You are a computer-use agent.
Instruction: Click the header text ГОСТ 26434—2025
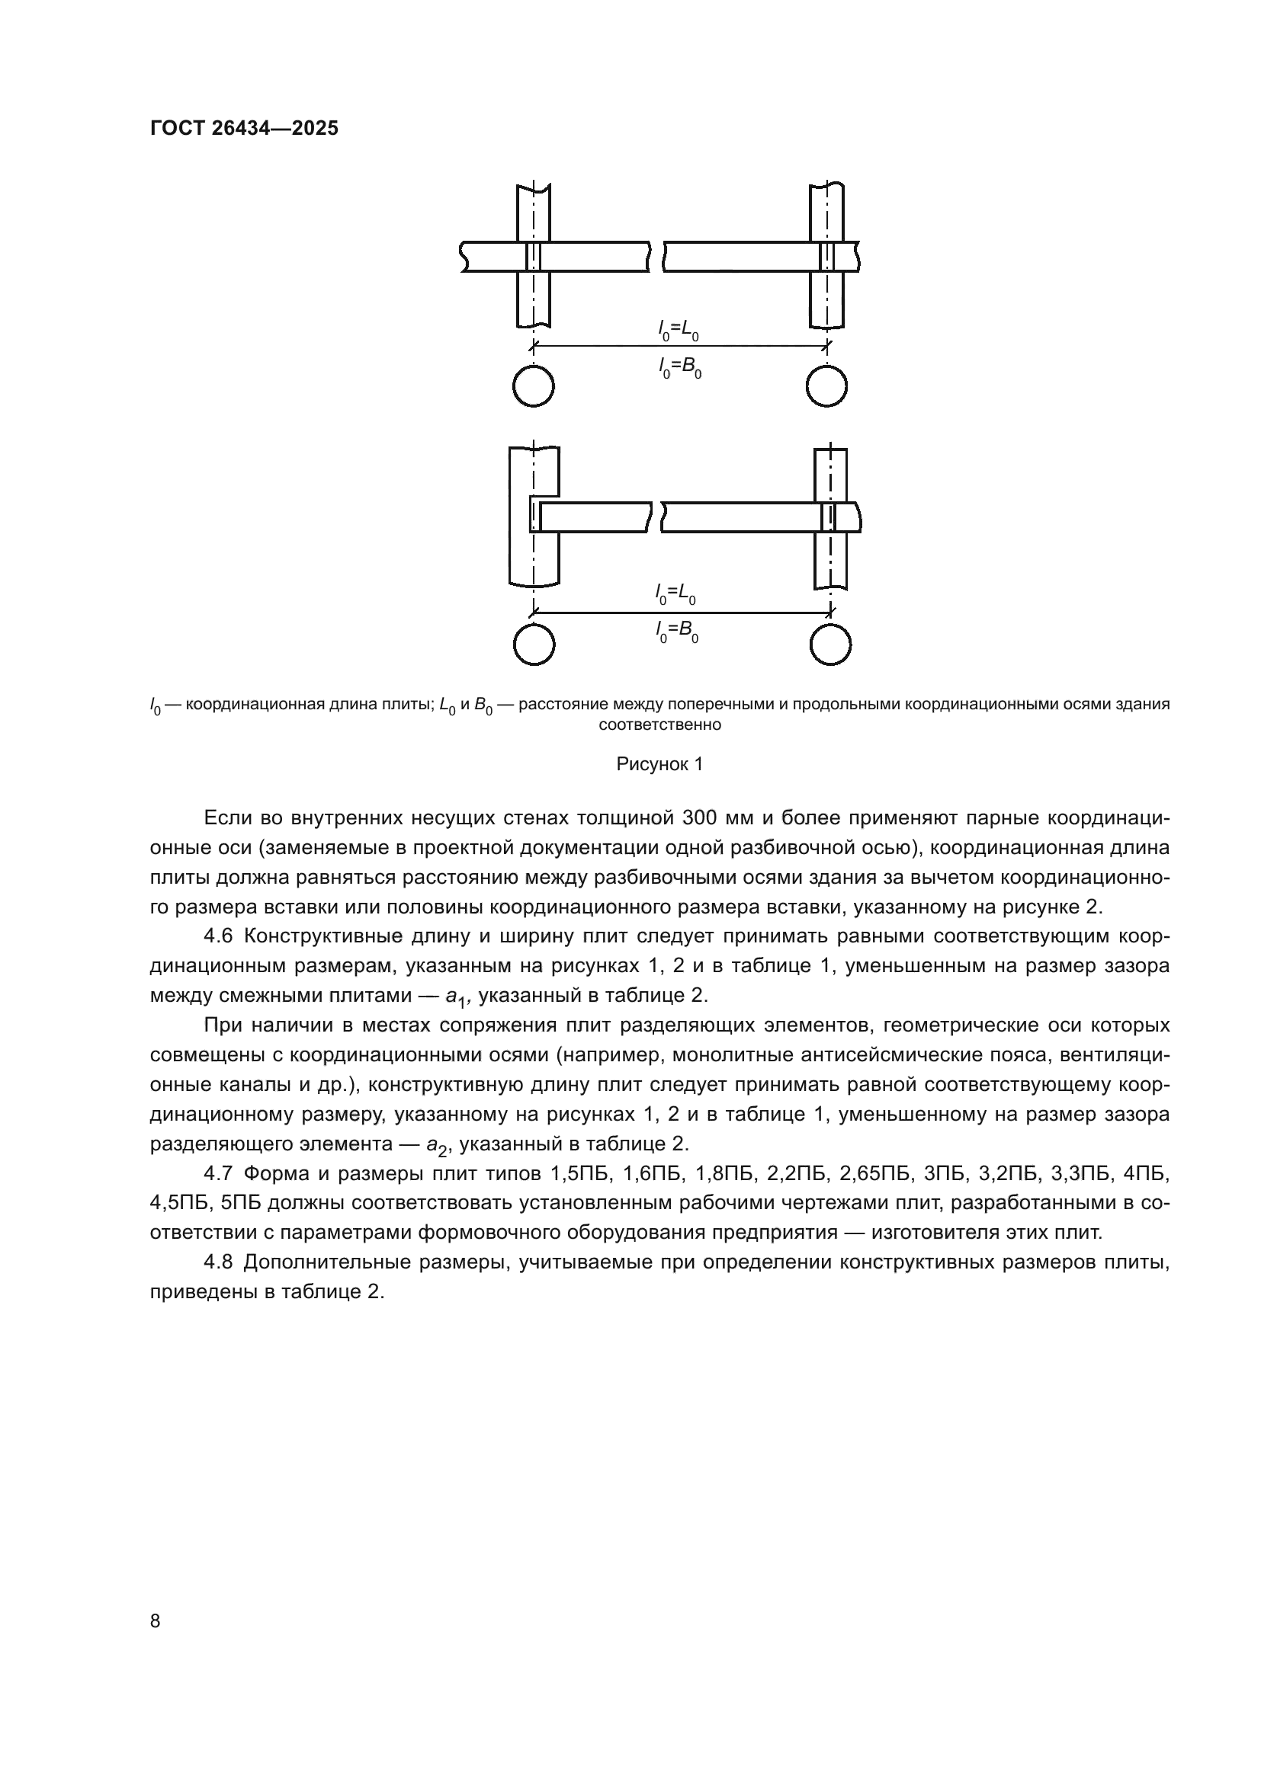(x=244, y=129)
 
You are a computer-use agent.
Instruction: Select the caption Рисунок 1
(x=659, y=764)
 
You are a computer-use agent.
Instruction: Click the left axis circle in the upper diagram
(x=534, y=386)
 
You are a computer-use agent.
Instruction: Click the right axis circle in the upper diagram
(x=826, y=386)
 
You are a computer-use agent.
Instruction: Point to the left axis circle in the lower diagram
(x=534, y=645)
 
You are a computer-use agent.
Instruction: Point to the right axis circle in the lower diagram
(x=830, y=645)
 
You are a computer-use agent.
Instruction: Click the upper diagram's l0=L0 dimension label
(x=679, y=331)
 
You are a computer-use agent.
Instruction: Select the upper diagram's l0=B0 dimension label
(x=679, y=367)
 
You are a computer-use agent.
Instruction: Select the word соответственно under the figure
(x=659, y=726)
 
